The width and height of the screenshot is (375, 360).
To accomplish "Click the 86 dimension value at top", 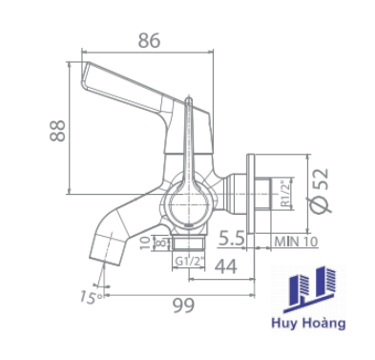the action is pyautogui.click(x=149, y=41).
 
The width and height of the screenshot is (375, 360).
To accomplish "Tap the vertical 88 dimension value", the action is pyautogui.click(x=57, y=131).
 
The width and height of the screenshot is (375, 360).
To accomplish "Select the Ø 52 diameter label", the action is pyautogui.click(x=321, y=190).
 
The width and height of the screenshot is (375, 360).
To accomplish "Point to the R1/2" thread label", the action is pyautogui.click(x=286, y=194).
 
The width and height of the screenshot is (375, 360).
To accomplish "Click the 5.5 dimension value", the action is pyautogui.click(x=231, y=239).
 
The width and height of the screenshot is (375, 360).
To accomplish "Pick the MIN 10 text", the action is pyautogui.click(x=296, y=242).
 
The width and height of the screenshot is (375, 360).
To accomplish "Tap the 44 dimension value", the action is pyautogui.click(x=225, y=266).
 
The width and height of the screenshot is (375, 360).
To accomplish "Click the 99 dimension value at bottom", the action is pyautogui.click(x=183, y=306).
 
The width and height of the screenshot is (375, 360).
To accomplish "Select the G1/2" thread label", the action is pyautogui.click(x=189, y=262).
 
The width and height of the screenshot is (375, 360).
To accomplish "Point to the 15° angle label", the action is pyautogui.click(x=91, y=297).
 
